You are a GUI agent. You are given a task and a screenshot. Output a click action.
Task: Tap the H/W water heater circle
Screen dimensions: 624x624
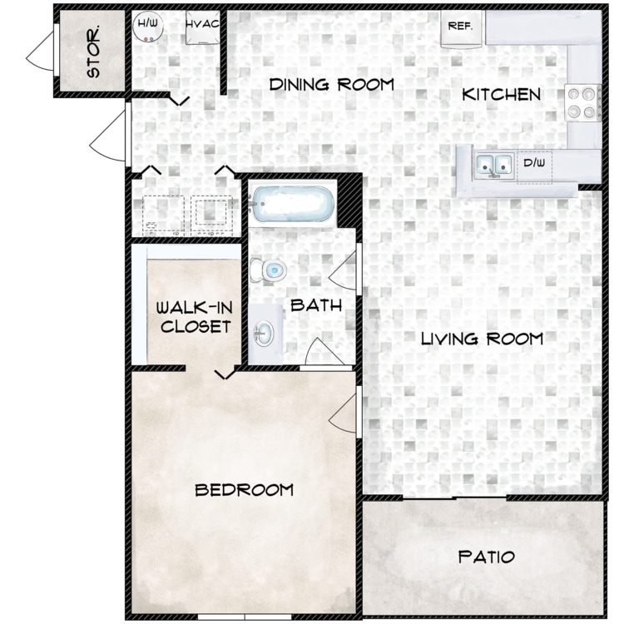147,27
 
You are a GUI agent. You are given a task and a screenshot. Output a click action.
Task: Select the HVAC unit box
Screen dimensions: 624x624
202,27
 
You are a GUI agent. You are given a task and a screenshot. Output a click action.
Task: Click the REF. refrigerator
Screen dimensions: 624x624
461,28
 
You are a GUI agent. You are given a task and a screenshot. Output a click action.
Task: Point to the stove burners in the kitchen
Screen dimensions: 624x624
582,103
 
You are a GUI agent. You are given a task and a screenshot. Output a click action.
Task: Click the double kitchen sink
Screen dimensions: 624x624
494,166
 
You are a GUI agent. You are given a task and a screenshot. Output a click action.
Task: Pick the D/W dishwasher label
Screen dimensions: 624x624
534,162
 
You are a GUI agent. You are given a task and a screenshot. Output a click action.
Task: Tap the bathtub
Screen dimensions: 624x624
293,204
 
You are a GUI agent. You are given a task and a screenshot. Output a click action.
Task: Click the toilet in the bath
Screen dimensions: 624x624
268,270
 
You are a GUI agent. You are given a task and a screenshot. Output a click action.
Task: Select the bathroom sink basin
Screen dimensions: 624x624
263,334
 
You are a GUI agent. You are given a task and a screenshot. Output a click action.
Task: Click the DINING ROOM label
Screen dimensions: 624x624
331,84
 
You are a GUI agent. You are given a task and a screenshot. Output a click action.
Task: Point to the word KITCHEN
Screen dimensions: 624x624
501,95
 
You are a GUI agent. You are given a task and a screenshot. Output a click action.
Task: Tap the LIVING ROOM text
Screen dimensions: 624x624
482,339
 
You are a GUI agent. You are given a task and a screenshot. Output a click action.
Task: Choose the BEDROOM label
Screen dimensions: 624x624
244,490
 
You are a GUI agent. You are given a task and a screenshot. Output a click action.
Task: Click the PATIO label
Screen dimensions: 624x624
487,557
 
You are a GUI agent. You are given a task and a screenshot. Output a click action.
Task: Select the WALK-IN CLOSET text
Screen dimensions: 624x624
195,317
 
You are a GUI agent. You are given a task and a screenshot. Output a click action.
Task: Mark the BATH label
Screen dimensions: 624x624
316,305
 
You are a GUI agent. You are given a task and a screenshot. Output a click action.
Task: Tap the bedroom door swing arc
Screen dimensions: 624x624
343,414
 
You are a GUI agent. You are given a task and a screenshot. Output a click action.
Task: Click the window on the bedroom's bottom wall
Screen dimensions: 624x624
245,617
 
